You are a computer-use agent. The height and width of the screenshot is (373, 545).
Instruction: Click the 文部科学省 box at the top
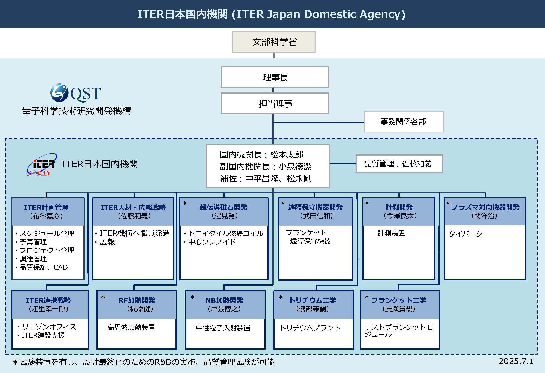pyautogui.click(x=274, y=42)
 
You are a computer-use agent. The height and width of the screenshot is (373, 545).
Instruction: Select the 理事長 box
pyautogui.click(x=275, y=77)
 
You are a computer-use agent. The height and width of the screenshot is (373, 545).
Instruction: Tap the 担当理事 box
pyautogui.click(x=275, y=103)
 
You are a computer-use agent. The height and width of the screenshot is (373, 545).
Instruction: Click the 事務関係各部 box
pyautogui.click(x=404, y=122)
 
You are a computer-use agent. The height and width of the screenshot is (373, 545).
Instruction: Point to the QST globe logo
pyautogui.click(x=59, y=93)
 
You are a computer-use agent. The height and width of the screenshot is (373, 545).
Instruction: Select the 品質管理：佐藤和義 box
pyautogui.click(x=399, y=164)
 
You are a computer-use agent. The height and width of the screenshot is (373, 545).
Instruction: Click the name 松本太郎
pyautogui.click(x=287, y=155)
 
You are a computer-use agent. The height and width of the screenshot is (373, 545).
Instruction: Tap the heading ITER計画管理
pyautogui.click(x=46, y=208)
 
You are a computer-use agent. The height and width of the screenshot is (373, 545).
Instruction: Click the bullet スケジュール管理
pyautogui.click(x=47, y=234)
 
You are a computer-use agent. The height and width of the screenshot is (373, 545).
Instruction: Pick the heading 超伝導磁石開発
pyautogui.click(x=223, y=207)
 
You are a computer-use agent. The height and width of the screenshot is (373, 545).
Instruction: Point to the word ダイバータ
pyautogui.click(x=465, y=234)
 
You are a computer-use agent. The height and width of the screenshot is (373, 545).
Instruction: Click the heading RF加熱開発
pyautogui.click(x=137, y=300)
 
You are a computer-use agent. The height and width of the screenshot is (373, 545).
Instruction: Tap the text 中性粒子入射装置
pyautogui.click(x=223, y=328)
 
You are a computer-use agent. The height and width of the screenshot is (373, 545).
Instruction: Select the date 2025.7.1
pyautogui.click(x=516, y=361)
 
